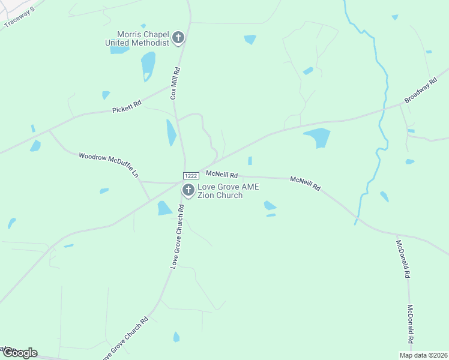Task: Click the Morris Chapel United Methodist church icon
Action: [178, 38]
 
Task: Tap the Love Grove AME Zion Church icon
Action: [188, 191]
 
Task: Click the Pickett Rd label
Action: [127, 107]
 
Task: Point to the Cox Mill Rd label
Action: [175, 83]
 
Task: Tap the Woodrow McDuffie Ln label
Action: [109, 165]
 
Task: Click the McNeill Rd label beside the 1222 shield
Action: [222, 175]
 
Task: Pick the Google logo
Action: [19, 353]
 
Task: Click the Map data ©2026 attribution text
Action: [424, 355]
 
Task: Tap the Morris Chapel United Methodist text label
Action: [137, 38]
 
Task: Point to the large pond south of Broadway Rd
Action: [318, 137]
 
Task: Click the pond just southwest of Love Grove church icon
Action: [164, 208]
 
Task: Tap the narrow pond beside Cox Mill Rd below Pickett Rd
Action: [171, 132]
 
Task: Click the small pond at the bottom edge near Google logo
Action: [176, 337]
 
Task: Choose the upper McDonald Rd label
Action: [403, 259]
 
